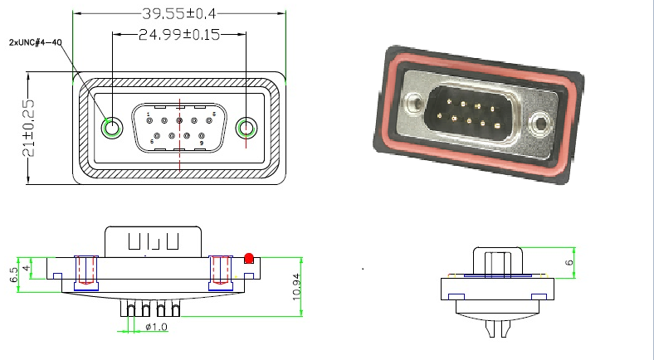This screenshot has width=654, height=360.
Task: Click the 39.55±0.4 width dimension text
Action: [x=178, y=14]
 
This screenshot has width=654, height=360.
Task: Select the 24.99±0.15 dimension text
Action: [x=179, y=35]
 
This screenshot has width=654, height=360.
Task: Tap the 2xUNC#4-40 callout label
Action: [x=36, y=42]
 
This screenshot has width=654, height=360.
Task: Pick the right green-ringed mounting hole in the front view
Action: [x=246, y=129]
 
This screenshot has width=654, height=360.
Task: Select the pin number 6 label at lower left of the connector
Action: [x=152, y=142]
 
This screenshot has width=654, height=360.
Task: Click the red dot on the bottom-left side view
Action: [x=249, y=256]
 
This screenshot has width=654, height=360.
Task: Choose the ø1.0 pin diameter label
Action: [x=156, y=328]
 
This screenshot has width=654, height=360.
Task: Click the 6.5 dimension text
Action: [x=13, y=275]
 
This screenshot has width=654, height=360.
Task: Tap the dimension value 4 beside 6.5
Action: [x=27, y=269]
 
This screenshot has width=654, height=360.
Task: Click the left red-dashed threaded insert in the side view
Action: [x=86, y=271]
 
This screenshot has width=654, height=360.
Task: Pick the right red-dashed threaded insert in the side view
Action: [x=220, y=271]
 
